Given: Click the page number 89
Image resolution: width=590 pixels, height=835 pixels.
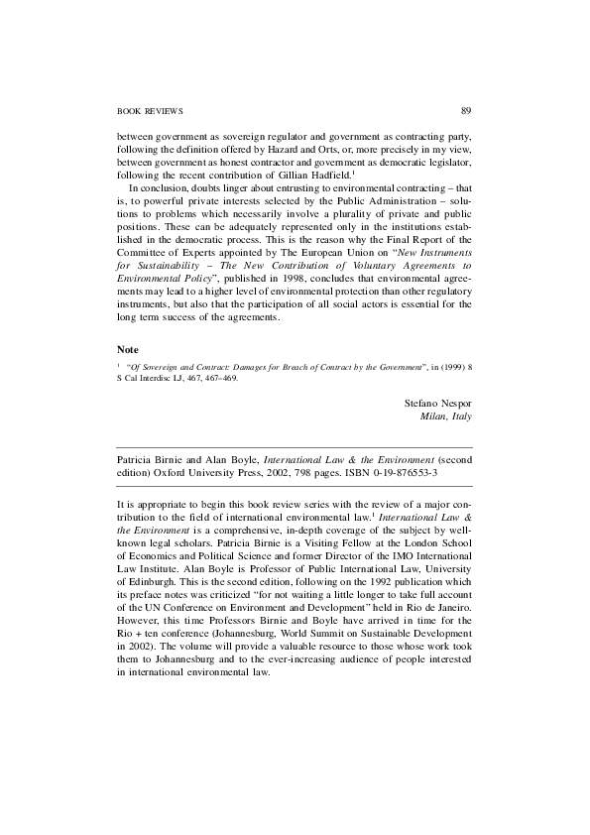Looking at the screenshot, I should (466, 110).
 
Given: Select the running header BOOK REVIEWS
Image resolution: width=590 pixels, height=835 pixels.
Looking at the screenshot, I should (150, 110).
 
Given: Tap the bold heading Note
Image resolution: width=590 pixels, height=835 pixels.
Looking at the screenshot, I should (127, 350).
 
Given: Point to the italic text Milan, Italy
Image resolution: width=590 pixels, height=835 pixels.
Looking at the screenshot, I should (447, 417).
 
